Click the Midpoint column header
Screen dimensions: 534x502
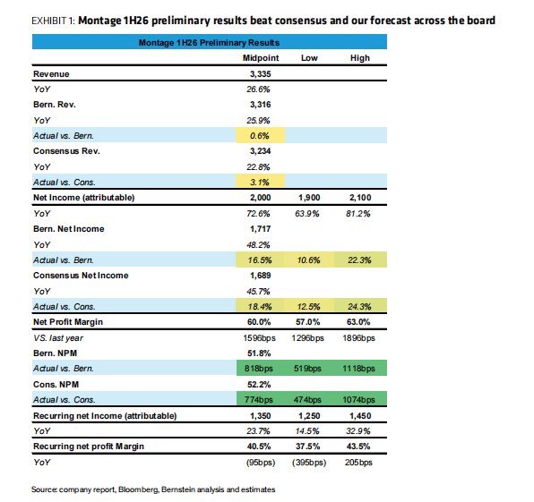pos(261,58)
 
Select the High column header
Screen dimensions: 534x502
pos(360,58)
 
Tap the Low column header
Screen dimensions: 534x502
pos(309,58)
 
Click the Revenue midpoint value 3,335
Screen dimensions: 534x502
pos(260,73)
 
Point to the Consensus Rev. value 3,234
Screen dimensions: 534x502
pos(260,150)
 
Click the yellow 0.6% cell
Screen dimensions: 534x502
pos(261,136)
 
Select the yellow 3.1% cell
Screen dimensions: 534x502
pos(261,182)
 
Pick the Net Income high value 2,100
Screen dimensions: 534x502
pos(360,197)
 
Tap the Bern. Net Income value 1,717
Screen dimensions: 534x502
pos(260,228)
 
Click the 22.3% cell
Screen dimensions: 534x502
pos(360,260)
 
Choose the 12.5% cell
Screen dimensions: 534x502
pos(309,306)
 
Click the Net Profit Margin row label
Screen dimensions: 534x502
pos(68,322)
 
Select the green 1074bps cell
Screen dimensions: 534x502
pos(360,400)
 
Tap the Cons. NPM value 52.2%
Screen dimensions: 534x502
pos(259,384)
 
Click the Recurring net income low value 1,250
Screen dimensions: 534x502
pos(309,415)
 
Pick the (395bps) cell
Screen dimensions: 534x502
pos(309,463)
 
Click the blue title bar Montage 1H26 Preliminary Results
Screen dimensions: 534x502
pos(210,42)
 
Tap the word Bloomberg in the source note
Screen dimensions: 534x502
pos(138,489)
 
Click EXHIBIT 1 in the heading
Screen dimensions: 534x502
pos(53,21)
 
